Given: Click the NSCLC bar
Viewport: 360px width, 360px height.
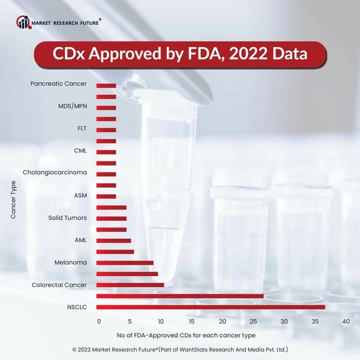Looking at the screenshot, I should pyautogui.click(x=210, y=307).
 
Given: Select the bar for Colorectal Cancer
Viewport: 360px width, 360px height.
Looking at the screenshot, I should pyautogui.click(x=130, y=285).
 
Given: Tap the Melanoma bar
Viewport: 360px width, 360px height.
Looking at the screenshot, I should pyautogui.click(x=125, y=263).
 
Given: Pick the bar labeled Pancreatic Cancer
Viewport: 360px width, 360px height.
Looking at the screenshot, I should pyautogui.click(x=106, y=85).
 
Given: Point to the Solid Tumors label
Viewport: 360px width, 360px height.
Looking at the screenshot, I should pyautogui.click(x=67, y=217).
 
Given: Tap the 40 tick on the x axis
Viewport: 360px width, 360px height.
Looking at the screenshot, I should pyautogui.click(x=346, y=322).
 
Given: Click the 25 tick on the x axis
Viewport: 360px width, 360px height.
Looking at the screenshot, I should pyautogui.click(x=253, y=322).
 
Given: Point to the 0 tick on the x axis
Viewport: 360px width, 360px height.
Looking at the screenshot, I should pyautogui.click(x=99, y=322).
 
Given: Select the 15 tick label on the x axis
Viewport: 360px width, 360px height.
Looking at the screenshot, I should pyautogui.click(x=191, y=322).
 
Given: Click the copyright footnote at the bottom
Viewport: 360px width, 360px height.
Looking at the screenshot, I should pyautogui.click(x=180, y=349).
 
